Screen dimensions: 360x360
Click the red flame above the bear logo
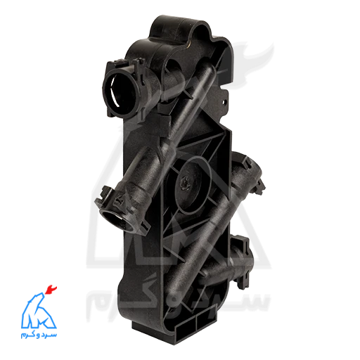(x=51, y=290)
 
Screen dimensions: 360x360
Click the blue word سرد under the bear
(x=49, y=334)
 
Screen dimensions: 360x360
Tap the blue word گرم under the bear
(x=28, y=335)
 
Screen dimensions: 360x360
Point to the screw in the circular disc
(x=185, y=181)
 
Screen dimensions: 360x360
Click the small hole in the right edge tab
(x=224, y=102)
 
